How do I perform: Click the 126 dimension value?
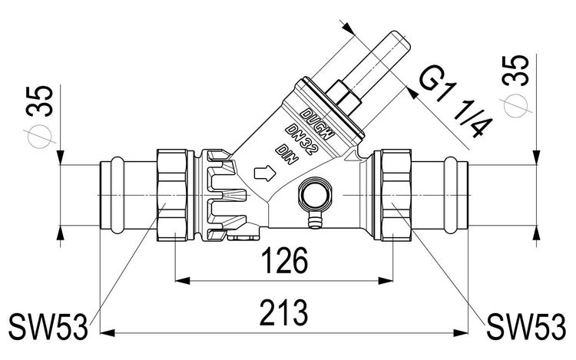click(285, 260)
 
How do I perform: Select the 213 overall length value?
click(283, 312)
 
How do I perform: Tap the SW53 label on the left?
click(48, 326)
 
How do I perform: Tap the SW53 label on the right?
click(526, 326)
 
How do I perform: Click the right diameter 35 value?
click(516, 71)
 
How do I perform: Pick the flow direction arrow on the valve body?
click(264, 173)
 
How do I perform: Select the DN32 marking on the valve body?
click(300, 139)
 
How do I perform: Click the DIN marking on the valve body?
click(288, 154)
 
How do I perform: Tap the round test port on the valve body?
click(316, 194)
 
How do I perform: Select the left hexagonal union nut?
click(172, 195)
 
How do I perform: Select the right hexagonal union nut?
click(396, 195)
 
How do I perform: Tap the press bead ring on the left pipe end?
click(118, 195)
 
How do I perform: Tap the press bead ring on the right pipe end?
click(450, 195)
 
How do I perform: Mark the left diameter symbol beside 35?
click(40, 137)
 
